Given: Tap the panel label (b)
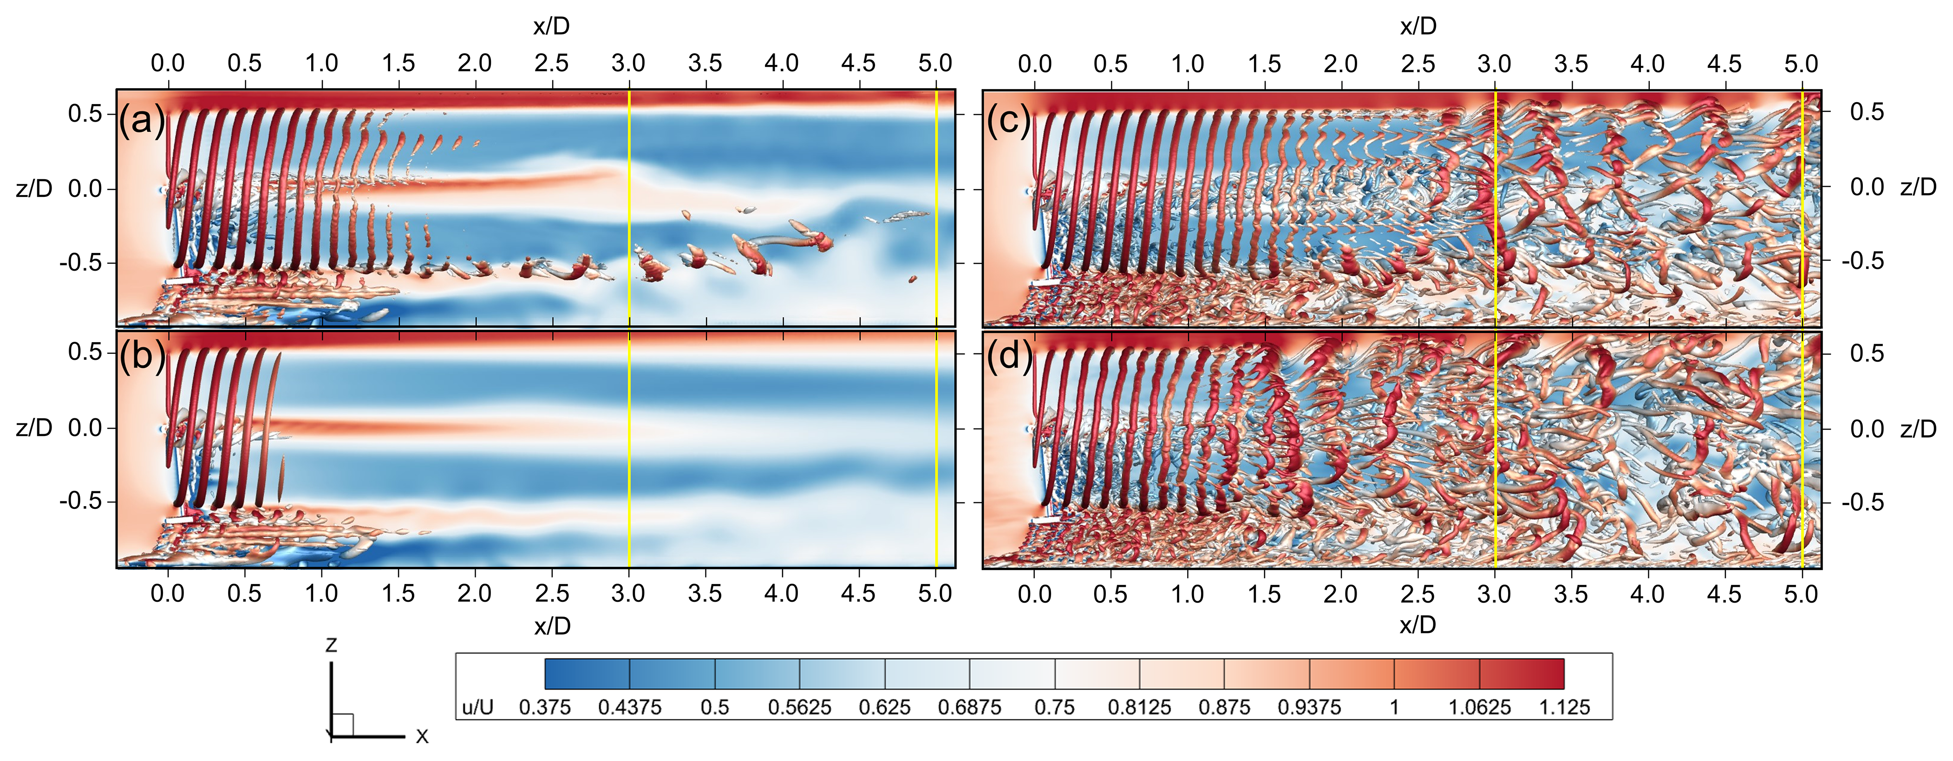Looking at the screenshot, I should tap(142, 356).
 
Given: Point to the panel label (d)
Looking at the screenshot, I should tap(1009, 356).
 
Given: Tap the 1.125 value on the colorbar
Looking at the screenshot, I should tap(1564, 707).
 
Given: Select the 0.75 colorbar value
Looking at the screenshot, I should tap(1055, 707).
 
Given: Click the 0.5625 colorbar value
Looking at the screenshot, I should tap(799, 707).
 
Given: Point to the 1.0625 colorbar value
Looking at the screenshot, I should tap(1479, 707).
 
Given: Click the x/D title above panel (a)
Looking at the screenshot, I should tap(551, 26).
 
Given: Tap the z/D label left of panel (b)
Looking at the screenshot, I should tap(34, 428).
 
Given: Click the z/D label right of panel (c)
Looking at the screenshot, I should tap(1918, 187).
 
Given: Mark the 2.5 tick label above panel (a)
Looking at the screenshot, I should tap(551, 63).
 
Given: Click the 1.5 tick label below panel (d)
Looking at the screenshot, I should tap(1264, 593).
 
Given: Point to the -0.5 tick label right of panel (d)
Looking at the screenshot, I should tap(1863, 502).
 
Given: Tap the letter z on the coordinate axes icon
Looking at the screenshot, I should tap(331, 645).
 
